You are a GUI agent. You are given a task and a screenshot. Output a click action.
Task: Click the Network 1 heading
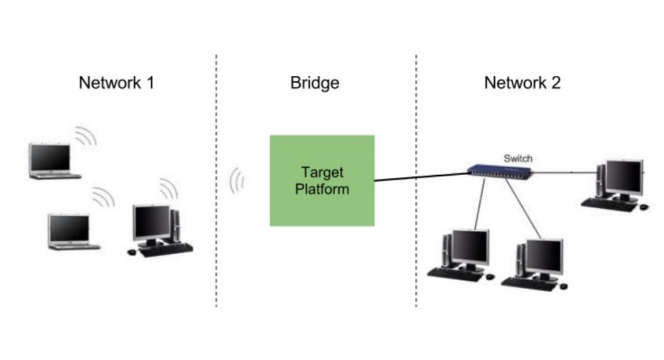116,83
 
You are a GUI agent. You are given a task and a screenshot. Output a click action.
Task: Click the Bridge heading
314,83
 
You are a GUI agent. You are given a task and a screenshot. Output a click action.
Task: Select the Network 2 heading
522,83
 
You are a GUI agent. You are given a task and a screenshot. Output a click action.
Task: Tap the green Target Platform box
322,180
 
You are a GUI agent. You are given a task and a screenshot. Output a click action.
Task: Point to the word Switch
517,158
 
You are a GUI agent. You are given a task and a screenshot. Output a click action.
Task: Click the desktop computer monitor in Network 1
151,223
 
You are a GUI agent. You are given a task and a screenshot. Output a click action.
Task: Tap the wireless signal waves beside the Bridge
237,181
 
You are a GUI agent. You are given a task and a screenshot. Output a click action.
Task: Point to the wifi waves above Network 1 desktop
169,189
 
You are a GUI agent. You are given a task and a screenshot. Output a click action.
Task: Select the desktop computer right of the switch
617,182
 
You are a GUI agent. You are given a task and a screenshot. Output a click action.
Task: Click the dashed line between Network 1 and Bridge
216,195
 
